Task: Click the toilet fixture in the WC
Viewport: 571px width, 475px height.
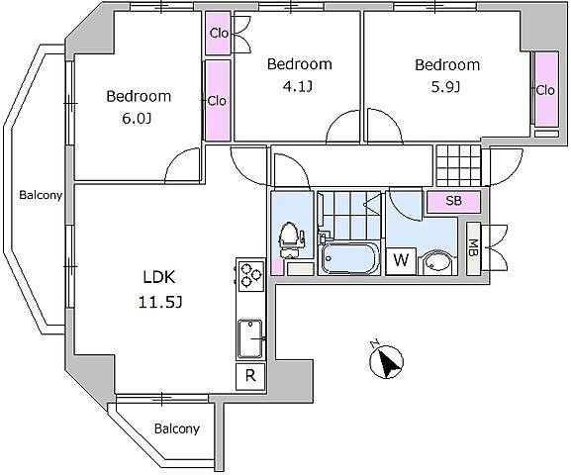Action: click(291, 240)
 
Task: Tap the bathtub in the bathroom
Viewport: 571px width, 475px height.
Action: click(349, 258)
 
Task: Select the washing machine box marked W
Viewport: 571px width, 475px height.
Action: click(401, 261)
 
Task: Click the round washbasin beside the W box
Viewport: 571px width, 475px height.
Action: click(437, 262)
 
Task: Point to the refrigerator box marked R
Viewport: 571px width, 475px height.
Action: click(250, 376)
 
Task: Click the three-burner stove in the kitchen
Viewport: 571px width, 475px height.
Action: click(250, 275)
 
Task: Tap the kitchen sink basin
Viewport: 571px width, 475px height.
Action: click(250, 339)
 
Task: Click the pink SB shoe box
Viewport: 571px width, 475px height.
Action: click(454, 201)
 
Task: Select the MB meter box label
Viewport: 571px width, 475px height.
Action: click(473, 248)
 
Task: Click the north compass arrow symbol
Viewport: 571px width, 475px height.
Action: click(386, 360)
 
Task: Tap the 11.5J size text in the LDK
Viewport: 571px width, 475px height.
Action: click(160, 302)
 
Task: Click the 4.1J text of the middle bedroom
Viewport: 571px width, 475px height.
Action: click(298, 87)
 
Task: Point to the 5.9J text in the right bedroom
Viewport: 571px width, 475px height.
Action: click(445, 87)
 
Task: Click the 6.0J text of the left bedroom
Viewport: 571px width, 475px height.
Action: click(137, 119)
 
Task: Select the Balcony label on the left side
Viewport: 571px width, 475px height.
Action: click(41, 195)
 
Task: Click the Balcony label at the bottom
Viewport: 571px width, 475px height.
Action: click(177, 428)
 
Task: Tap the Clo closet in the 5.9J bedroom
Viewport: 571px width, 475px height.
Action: click(546, 90)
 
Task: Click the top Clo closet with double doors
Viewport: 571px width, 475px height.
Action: click(218, 33)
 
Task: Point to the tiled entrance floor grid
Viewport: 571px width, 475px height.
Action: click(458, 165)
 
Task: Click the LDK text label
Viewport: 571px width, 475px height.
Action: click(159, 277)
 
